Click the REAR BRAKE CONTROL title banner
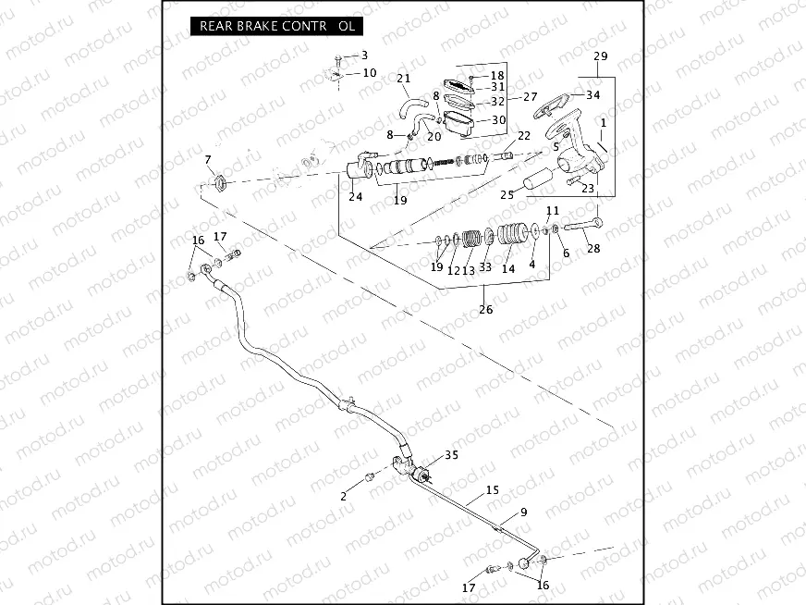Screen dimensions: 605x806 276,26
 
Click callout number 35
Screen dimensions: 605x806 451,455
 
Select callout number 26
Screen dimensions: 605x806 485,310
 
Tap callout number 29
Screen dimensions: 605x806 601,57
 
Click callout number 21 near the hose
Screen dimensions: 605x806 403,79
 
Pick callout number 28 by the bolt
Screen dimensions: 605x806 592,248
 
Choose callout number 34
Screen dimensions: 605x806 592,94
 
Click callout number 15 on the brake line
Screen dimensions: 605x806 492,490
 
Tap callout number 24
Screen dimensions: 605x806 355,196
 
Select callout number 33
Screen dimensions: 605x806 485,267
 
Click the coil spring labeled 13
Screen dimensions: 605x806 472,239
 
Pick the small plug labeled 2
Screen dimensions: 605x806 369,476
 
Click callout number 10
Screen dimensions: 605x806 369,72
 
